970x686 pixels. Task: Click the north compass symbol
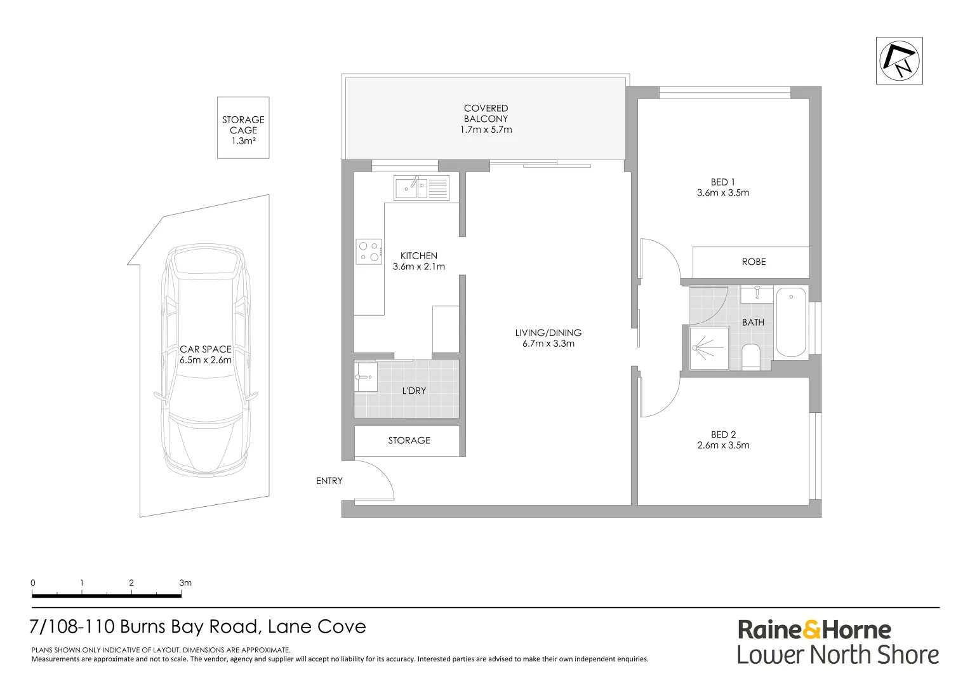pyautogui.click(x=899, y=60)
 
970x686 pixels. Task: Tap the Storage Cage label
pyautogui.click(x=243, y=125)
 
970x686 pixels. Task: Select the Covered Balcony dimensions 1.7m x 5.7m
pyautogui.click(x=486, y=130)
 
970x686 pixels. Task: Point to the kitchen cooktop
pyautogui.click(x=368, y=251)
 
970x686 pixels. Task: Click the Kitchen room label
pyautogui.click(x=418, y=256)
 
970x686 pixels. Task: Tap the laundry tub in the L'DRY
pyautogui.click(x=366, y=377)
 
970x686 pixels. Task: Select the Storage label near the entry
pyautogui.click(x=409, y=440)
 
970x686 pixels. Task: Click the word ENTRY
pyautogui.click(x=329, y=481)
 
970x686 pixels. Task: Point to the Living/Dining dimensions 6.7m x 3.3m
pyautogui.click(x=548, y=344)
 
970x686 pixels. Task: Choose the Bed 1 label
pyautogui.click(x=722, y=182)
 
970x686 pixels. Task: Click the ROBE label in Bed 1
pyautogui.click(x=754, y=262)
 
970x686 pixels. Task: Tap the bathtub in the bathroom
pyautogui.click(x=790, y=321)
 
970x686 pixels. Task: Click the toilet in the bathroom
pyautogui.click(x=750, y=357)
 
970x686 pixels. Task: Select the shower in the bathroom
pyautogui.click(x=708, y=348)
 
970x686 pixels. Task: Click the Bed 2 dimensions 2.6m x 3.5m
pyautogui.click(x=723, y=445)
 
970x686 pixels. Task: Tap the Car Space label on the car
pyautogui.click(x=205, y=349)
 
